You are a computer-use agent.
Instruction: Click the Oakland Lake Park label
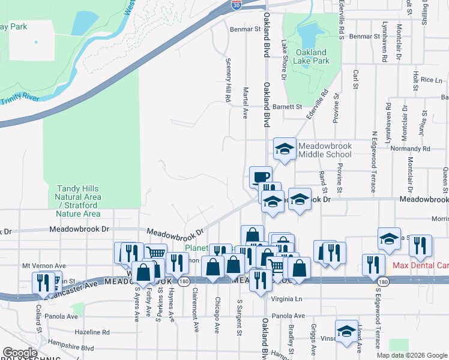pos(311,56)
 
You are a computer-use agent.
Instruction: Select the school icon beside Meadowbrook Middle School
pos(285,149)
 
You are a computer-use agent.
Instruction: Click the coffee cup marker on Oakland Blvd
pos(261,176)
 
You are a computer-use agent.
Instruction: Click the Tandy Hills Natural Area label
pos(77,201)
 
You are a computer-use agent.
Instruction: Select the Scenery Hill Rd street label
pos(228,80)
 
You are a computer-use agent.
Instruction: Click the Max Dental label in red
pos(420,265)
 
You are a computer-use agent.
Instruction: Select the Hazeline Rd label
pos(92,331)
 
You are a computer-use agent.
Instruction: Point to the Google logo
pos(20,353)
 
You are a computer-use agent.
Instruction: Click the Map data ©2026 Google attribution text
pos(411,355)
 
